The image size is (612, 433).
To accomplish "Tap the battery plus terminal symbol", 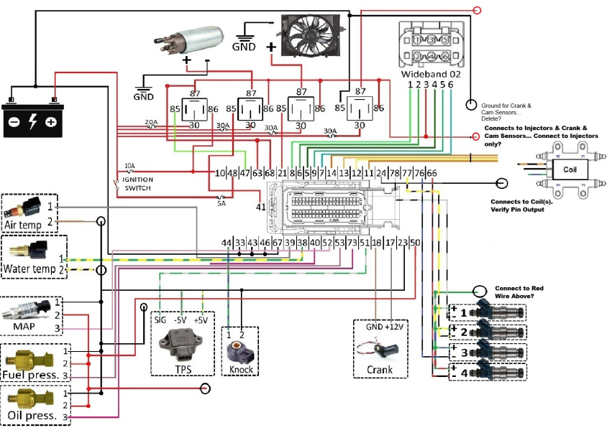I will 51,121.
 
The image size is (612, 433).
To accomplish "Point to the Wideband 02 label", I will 430,73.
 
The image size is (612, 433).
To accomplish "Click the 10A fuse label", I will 129,164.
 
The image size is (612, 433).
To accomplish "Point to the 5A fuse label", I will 221,203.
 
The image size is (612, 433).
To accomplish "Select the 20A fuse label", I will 151,122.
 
